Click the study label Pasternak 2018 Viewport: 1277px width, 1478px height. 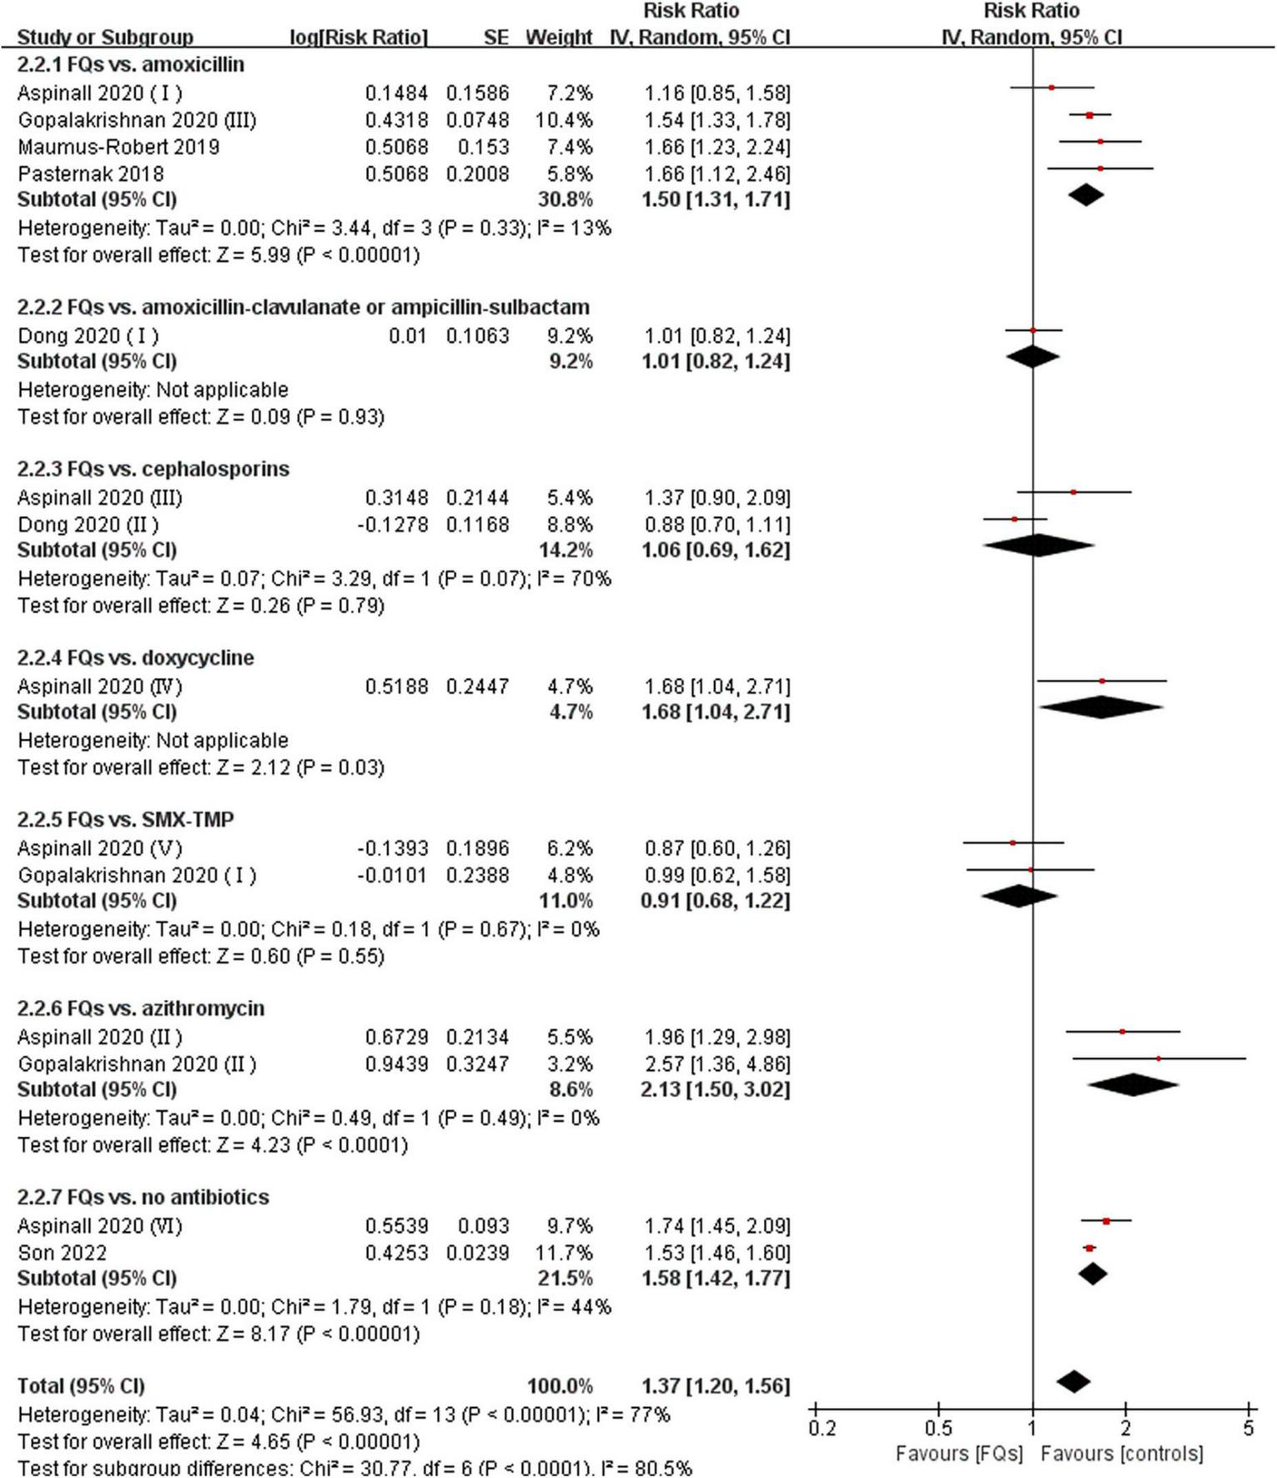click(x=91, y=173)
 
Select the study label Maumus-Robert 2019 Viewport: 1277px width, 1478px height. click(x=118, y=147)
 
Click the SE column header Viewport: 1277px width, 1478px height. click(x=495, y=38)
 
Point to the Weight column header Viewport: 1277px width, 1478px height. click(x=558, y=38)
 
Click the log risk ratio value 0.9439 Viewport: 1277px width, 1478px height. click(x=396, y=1063)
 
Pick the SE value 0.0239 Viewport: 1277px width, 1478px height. click(x=477, y=1252)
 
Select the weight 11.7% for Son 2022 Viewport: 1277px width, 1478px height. click(x=565, y=1252)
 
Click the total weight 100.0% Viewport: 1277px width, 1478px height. click(x=560, y=1385)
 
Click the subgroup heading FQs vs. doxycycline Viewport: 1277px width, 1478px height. click(x=135, y=657)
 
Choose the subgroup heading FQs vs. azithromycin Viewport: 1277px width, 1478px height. click(x=140, y=1008)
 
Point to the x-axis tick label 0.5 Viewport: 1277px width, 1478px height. click(x=938, y=1428)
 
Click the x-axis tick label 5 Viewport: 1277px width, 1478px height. click(x=1248, y=1428)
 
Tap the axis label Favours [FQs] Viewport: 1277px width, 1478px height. click(x=958, y=1454)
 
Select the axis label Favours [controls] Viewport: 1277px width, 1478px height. click(x=1121, y=1454)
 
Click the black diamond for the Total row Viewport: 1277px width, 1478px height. click(x=1073, y=1381)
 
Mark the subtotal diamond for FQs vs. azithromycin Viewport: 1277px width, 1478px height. click(x=1133, y=1084)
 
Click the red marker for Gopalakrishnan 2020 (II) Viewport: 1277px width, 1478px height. click(x=1159, y=1058)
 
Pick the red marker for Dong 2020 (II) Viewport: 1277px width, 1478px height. click(x=1015, y=519)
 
